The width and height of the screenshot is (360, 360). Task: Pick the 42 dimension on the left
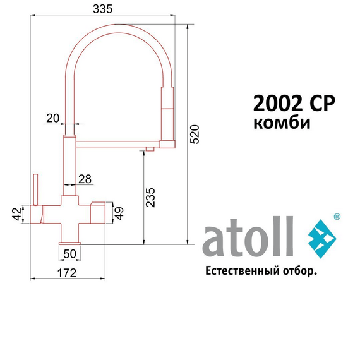click(x=18, y=214)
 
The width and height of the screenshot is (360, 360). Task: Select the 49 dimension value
click(x=119, y=214)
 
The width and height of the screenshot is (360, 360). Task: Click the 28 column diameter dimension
click(x=86, y=179)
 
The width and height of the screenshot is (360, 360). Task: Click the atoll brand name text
click(x=249, y=237)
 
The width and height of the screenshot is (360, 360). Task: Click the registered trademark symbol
click(x=337, y=216)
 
